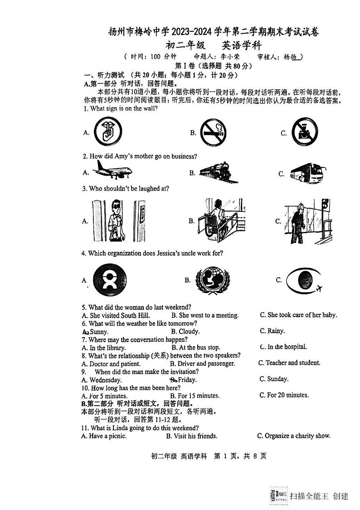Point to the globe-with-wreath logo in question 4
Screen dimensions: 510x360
pyautogui.click(x=212, y=280)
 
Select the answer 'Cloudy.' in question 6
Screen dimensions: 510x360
pyautogui.click(x=189, y=332)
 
